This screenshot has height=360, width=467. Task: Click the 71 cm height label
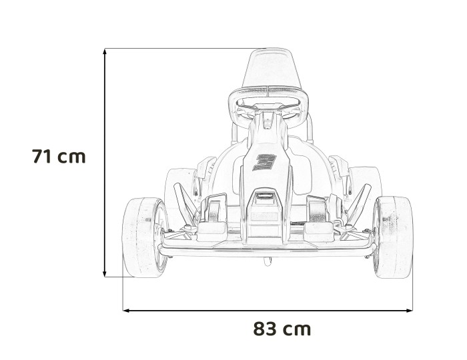pos(59,157)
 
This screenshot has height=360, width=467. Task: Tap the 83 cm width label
pos(282,329)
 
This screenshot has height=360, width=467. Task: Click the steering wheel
pos(268,103)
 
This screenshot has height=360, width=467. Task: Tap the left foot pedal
pos(213,213)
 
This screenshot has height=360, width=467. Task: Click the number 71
pos(43,157)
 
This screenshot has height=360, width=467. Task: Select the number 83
pos(265,329)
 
